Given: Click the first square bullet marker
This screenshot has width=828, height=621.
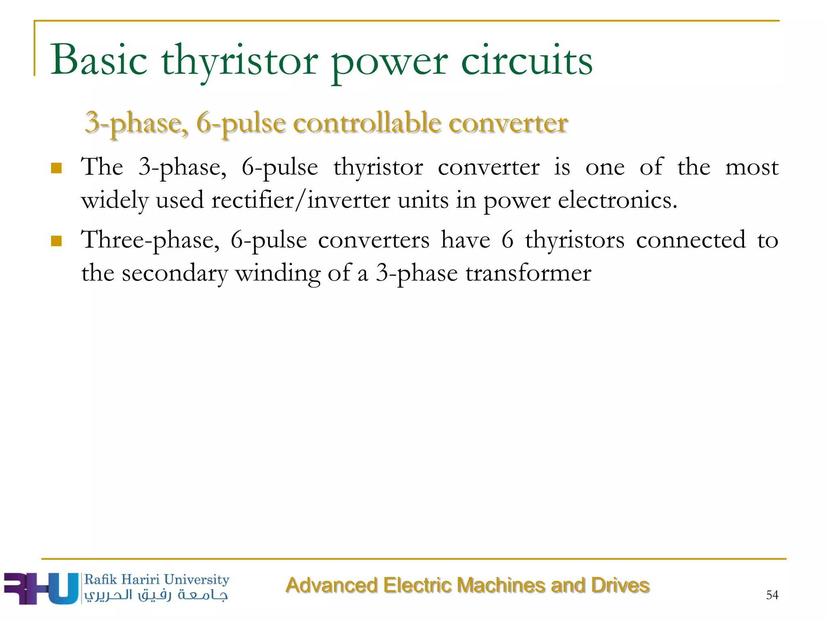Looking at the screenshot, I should pyautogui.click(x=56, y=168).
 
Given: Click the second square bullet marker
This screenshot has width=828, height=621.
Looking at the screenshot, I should pyautogui.click(x=56, y=241).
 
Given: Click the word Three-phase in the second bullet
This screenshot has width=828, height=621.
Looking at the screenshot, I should pyautogui.click(x=150, y=240).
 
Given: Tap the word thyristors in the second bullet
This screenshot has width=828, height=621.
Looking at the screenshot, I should pyautogui.click(x=575, y=240).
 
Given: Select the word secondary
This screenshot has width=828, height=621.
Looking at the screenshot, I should pyautogui.click(x=175, y=273).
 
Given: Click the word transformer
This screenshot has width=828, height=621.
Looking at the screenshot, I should pyautogui.click(x=528, y=273).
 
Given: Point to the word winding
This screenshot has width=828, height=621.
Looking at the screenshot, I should pyautogui.click(x=278, y=273).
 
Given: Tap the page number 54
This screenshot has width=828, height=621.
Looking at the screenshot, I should pyautogui.click(x=772, y=595).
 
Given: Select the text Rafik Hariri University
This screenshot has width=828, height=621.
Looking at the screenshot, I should pyautogui.click(x=156, y=579).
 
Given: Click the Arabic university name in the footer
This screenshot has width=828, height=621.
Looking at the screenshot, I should pyautogui.click(x=156, y=595).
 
